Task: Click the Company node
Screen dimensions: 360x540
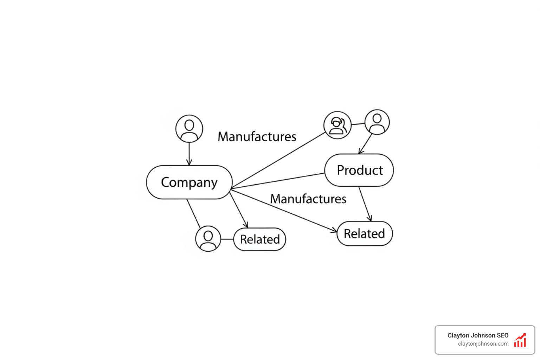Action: point(189,182)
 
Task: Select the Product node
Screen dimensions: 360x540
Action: point(359,170)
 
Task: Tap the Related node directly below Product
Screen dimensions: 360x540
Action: point(365,233)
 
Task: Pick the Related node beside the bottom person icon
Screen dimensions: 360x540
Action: point(260,239)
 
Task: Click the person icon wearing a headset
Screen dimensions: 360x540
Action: point(337,125)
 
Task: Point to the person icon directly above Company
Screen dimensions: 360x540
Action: point(189,128)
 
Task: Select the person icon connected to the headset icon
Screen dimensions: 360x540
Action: point(377,122)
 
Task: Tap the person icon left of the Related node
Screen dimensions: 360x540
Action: point(208,239)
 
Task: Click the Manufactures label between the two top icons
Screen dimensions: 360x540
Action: point(257,137)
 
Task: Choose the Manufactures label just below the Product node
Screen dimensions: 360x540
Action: point(308,199)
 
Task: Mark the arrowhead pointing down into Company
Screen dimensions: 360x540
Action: point(189,162)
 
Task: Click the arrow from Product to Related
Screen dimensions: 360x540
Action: point(365,204)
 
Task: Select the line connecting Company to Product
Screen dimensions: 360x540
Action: point(278,181)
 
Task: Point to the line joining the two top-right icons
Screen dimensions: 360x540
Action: point(358,124)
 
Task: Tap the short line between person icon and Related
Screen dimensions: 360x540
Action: point(227,239)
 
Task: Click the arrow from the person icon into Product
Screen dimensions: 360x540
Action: point(366,143)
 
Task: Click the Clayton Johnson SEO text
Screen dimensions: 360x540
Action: point(478,335)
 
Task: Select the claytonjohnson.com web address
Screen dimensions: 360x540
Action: point(483,344)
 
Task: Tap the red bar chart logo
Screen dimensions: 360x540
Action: point(520,340)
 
